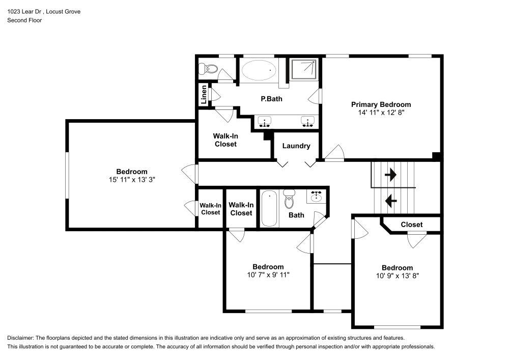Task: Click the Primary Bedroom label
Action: pos(381,104)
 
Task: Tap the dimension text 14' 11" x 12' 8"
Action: pos(381,113)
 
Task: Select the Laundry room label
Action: pos(296,146)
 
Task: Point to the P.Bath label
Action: pos(271,99)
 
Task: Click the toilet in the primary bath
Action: pos(209,69)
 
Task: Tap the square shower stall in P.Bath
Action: pos(304,69)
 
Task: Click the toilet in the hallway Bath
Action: pos(290,200)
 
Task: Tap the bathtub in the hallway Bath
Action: pos(269,208)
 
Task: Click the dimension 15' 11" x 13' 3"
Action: pos(132,180)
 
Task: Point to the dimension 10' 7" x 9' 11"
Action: pos(268,275)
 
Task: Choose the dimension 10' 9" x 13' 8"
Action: pos(398,276)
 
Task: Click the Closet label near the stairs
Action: pos(411,225)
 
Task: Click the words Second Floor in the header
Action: pos(24,20)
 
